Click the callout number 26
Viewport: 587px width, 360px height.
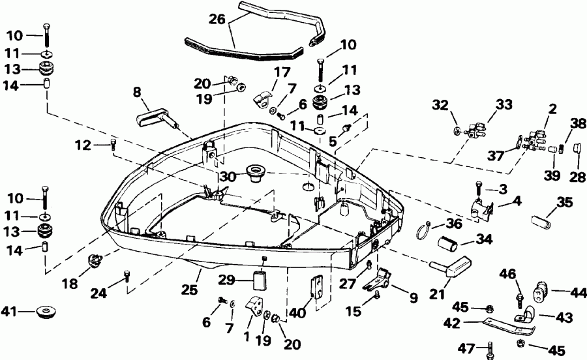(x=217, y=20)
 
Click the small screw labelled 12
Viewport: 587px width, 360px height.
(x=113, y=145)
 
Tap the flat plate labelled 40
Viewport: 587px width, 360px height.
(x=317, y=288)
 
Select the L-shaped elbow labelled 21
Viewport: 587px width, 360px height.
(x=449, y=268)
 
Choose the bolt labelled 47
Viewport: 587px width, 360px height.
(x=489, y=352)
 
